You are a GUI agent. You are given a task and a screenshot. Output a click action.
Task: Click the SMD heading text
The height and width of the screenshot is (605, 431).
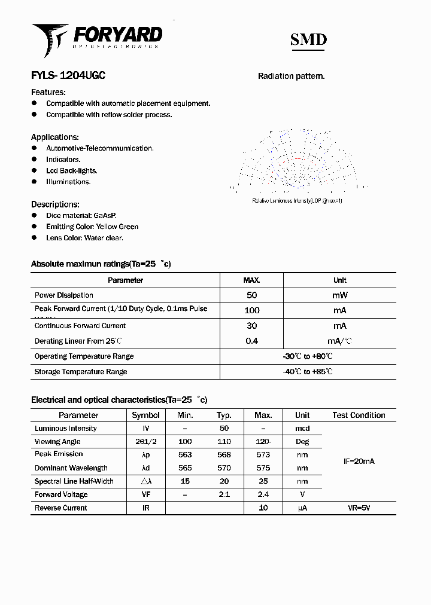[308, 39]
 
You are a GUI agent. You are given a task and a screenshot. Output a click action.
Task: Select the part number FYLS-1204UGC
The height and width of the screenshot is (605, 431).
[68, 76]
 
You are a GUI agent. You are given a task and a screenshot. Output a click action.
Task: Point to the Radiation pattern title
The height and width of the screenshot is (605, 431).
[291, 76]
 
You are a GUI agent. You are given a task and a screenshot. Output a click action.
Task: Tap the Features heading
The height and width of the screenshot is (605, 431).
[48, 92]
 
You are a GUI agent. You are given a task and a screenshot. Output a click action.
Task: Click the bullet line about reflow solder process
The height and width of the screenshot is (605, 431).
[109, 115]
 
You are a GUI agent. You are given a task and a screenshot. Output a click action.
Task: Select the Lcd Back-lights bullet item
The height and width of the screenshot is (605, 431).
[71, 171]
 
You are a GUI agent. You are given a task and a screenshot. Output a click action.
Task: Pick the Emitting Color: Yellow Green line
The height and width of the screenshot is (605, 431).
[92, 227]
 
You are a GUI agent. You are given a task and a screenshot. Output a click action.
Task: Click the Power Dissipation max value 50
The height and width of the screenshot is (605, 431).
[251, 295]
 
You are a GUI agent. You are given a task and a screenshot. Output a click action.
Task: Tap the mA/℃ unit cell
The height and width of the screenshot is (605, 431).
[339, 341]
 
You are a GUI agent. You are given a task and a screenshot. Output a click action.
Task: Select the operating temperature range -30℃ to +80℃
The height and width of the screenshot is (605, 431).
[308, 356]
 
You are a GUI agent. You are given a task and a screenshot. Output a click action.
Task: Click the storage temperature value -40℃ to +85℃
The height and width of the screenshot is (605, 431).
[308, 372]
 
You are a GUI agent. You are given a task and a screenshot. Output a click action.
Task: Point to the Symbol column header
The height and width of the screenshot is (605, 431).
[145, 415]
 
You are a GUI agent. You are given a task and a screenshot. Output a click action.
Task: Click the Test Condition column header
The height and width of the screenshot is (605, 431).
[359, 415]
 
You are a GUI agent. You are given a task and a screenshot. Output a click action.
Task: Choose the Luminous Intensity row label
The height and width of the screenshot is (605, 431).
[66, 429]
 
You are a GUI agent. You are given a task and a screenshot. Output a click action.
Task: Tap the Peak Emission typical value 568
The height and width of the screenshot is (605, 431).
[224, 454]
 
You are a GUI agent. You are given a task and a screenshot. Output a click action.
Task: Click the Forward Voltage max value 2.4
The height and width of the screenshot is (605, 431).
[263, 494]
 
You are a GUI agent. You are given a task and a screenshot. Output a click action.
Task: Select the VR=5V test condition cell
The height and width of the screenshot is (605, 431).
[359, 508]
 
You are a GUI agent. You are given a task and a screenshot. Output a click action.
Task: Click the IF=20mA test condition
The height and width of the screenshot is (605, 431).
[359, 462]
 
